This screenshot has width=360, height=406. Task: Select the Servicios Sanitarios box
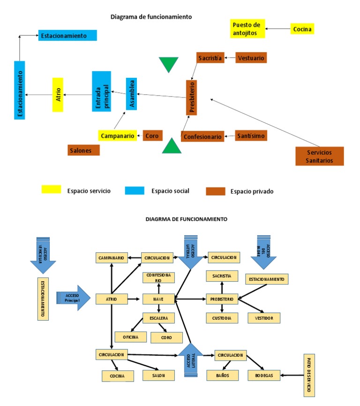click(320, 156)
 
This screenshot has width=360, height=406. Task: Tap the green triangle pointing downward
click(169, 64)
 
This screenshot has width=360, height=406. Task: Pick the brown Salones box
click(83, 150)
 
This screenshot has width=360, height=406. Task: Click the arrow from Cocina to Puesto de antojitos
click(277, 29)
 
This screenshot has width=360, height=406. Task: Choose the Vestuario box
click(251, 58)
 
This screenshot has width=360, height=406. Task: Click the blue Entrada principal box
click(101, 91)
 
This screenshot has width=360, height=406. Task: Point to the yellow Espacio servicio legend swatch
click(51, 189)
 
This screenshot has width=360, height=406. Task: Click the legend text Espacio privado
click(252, 191)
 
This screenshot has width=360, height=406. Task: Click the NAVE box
click(158, 299)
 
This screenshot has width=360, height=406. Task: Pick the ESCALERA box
click(158, 318)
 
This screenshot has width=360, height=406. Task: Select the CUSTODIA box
click(222, 318)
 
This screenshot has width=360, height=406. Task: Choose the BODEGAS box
click(264, 375)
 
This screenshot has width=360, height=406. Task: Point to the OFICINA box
click(131, 337)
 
